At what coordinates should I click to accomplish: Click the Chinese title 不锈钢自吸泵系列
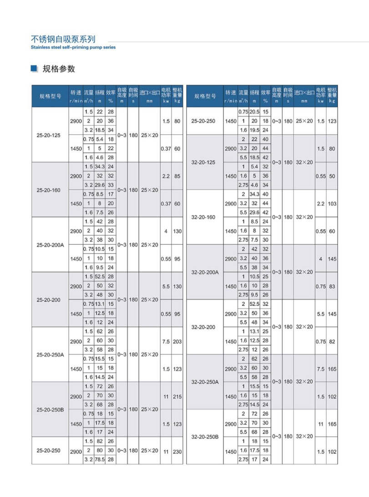pyautogui.click(x=63, y=39)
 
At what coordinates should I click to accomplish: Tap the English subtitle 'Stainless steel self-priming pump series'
pyautogui.click(x=73, y=47)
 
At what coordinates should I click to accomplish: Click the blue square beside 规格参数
pyautogui.click(x=33, y=69)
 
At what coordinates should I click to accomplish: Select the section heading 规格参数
pyautogui.click(x=59, y=69)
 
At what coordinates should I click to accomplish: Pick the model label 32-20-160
pyautogui.click(x=203, y=218)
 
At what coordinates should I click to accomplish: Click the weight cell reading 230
pyautogui.click(x=177, y=451)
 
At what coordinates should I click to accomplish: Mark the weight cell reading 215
pyautogui.click(x=177, y=396)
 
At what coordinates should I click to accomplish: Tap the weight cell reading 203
pyautogui.click(x=177, y=341)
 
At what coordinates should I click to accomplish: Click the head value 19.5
pyautogui.click(x=254, y=130)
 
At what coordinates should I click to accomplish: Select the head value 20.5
pyautogui.click(x=254, y=112)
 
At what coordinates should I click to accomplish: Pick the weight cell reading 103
pyautogui.click(x=332, y=204)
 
